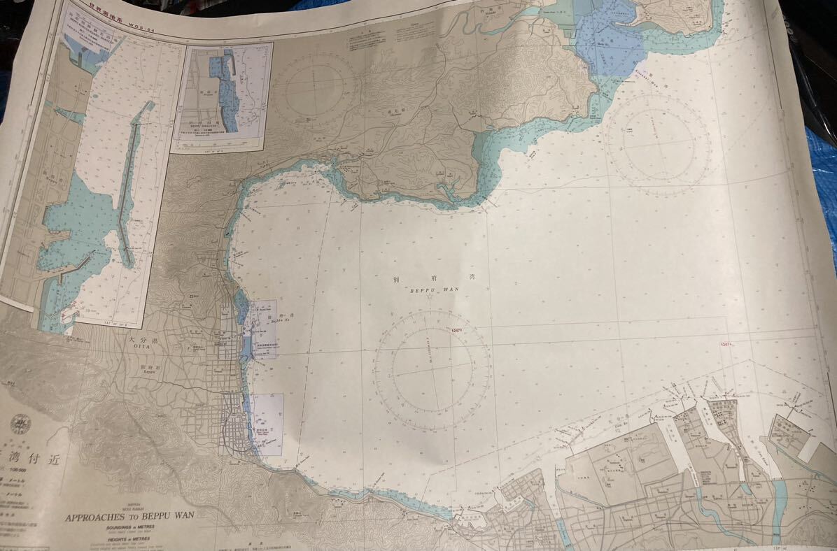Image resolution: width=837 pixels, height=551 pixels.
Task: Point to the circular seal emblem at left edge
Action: pos(19,424)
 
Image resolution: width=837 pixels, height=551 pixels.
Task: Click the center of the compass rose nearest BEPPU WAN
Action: pos(432,366)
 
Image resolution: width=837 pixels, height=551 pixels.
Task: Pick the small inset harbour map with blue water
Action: pos(223,96)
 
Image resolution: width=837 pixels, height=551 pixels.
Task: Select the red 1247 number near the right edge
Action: pos(725,343)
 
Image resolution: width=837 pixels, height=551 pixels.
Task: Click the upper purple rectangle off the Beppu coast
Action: pos(263,329)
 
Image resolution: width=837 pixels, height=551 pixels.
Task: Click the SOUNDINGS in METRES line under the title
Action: pos(131,529)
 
